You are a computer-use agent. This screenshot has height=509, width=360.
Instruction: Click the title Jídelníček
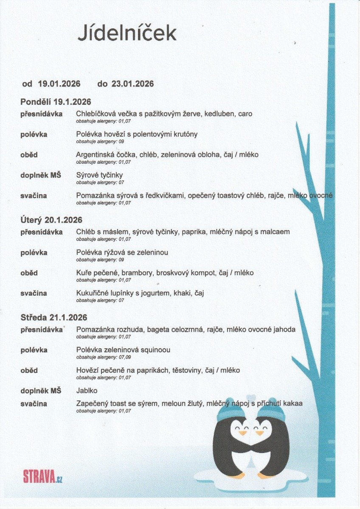click(x=127, y=33)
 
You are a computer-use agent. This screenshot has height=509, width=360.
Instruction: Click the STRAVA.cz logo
click(x=43, y=476)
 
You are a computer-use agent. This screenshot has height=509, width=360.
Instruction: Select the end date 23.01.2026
click(x=132, y=84)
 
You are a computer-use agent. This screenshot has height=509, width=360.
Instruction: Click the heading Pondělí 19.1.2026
click(x=56, y=102)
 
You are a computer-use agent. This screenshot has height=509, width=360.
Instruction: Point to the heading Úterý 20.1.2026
click(x=51, y=220)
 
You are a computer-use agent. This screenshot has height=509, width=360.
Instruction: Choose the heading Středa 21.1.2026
click(x=54, y=317)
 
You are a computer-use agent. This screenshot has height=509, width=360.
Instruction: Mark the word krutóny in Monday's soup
click(x=183, y=134)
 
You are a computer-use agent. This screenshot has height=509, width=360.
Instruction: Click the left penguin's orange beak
click(x=242, y=433)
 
